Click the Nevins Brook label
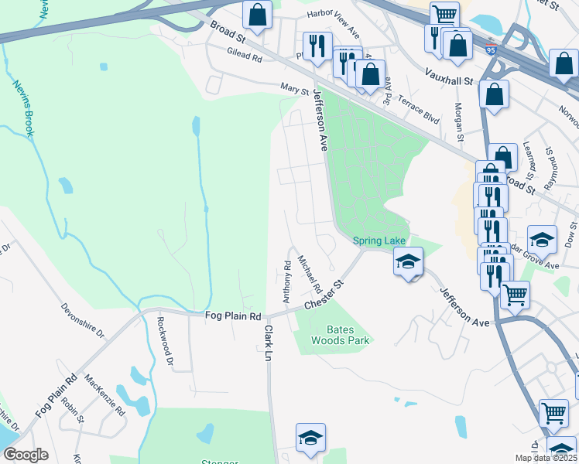pos(22,109)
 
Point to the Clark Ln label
pos(269,343)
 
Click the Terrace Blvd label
pos(418,109)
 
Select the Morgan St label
pos(458,122)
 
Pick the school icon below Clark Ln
pos(310,437)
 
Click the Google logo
pos(25,455)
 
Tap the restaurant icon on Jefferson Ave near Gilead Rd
pos(317,45)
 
